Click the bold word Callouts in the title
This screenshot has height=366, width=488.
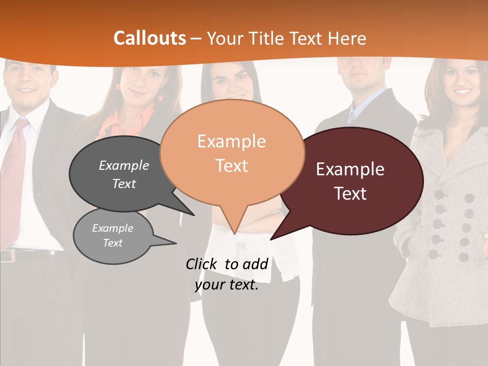pyautogui.click(x=149, y=38)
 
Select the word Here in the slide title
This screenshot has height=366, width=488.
pyautogui.click(x=348, y=39)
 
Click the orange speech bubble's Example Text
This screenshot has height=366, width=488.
pyautogui.click(x=232, y=153)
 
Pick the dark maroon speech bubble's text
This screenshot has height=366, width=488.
pyautogui.click(x=350, y=181)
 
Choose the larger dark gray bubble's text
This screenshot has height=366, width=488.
pyautogui.click(x=124, y=174)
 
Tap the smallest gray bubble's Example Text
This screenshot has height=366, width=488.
pyautogui.click(x=112, y=235)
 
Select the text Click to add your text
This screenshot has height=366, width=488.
pyautogui.click(x=227, y=274)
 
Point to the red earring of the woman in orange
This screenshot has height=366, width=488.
pyautogui.click(x=161, y=97)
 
